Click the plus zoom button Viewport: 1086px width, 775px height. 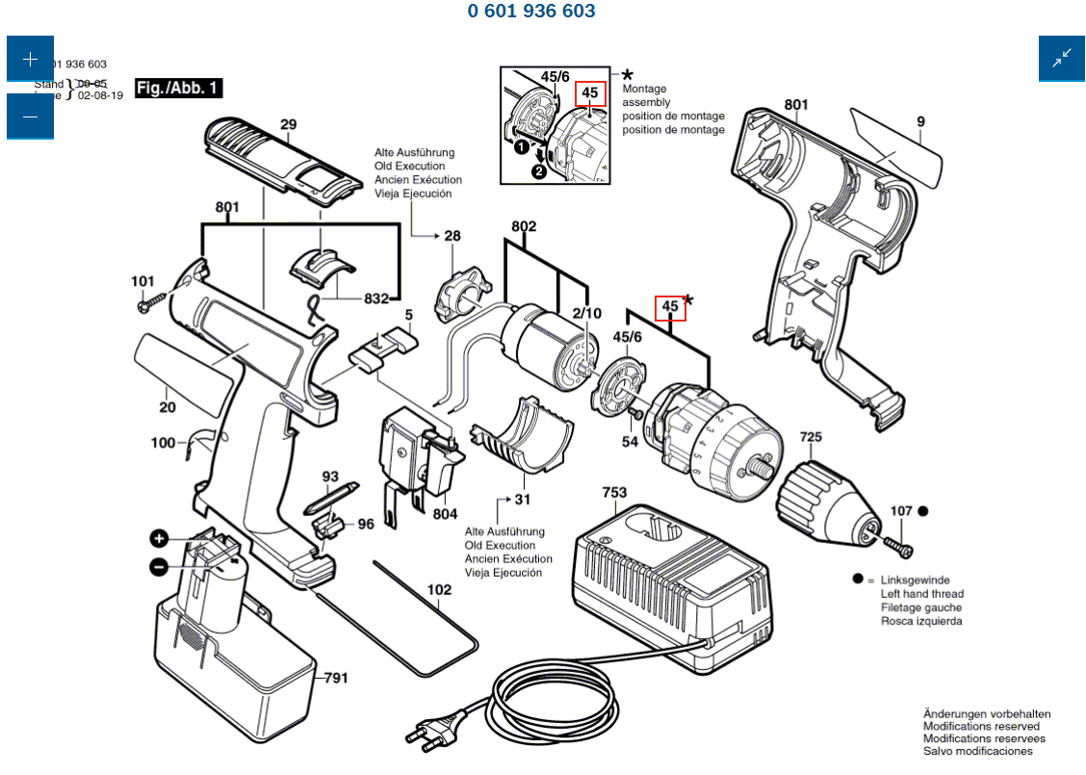pyautogui.click(x=30, y=59)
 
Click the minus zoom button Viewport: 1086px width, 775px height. pyautogui.click(x=30, y=116)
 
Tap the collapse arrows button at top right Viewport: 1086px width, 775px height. pyautogui.click(x=1061, y=59)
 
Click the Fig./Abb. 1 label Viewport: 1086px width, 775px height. pyautogui.click(x=178, y=89)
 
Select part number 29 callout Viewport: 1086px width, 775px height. pyautogui.click(x=288, y=124)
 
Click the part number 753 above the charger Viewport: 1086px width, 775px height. pyautogui.click(x=614, y=493)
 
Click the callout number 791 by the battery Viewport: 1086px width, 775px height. pyautogui.click(x=335, y=678)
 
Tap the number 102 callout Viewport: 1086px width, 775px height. pyautogui.click(x=438, y=589)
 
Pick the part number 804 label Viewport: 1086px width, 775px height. pyautogui.click(x=445, y=514)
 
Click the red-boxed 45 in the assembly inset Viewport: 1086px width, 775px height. pyautogui.click(x=590, y=93)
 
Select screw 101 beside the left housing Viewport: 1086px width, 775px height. pyautogui.click(x=144, y=305)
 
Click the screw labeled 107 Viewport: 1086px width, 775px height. pyautogui.click(x=904, y=549)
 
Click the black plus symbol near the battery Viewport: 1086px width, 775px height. pyautogui.click(x=159, y=539)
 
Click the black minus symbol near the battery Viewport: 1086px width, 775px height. pyautogui.click(x=159, y=567)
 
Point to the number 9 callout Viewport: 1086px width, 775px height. pyautogui.click(x=920, y=121)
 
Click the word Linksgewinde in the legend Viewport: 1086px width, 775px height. pyautogui.click(x=915, y=581)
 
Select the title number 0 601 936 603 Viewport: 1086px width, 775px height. pyautogui.click(x=531, y=12)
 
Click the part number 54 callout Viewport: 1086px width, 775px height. pyautogui.click(x=630, y=442)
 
